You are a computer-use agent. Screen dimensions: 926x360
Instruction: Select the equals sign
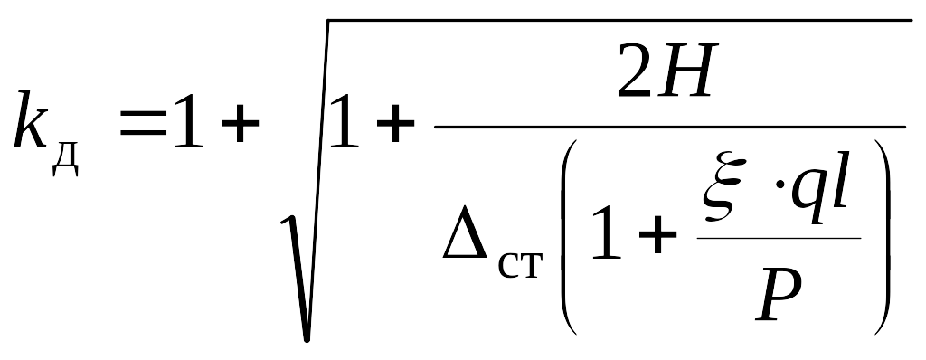point(144,126)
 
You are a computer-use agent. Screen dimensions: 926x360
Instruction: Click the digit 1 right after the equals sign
point(188,120)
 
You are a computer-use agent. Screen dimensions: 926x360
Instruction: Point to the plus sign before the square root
point(240,126)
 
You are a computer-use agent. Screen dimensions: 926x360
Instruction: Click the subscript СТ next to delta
point(520,267)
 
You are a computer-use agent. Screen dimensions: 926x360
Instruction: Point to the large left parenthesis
point(568,236)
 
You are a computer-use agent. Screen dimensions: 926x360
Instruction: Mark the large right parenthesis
point(881,236)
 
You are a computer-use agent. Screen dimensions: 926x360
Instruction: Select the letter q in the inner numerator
point(807,199)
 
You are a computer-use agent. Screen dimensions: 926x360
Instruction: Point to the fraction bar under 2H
point(670,127)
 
